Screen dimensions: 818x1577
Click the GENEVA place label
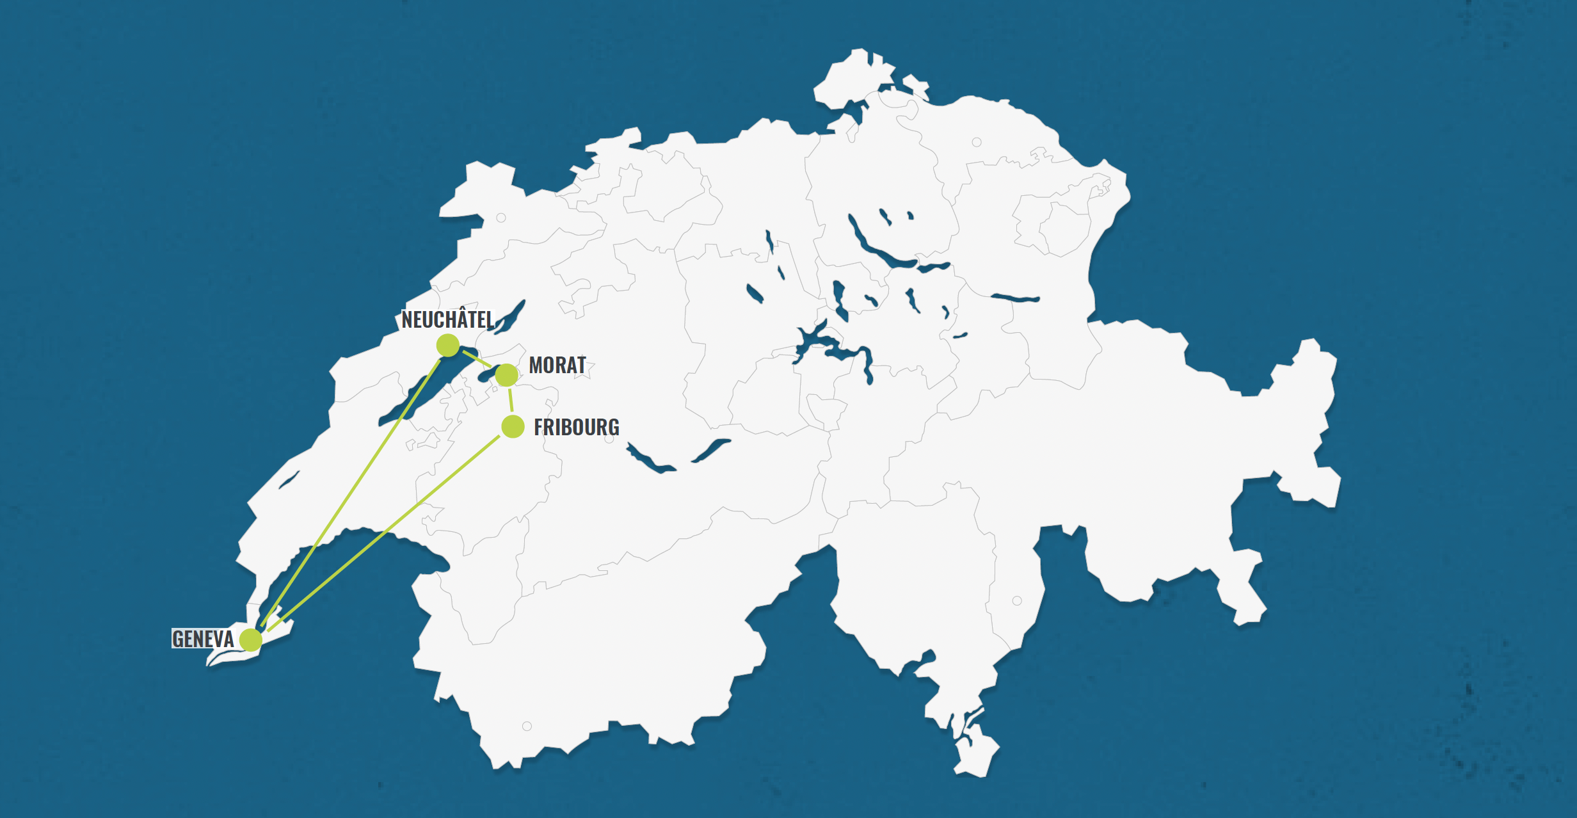click(x=203, y=639)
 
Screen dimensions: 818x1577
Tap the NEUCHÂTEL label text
click(x=447, y=319)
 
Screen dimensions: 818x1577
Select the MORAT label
click(x=557, y=365)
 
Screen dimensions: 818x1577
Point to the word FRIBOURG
click(x=576, y=427)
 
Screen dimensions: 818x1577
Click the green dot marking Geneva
click(x=251, y=639)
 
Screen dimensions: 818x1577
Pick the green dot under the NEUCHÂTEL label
click(x=448, y=346)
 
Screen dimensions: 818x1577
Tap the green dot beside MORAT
click(x=507, y=375)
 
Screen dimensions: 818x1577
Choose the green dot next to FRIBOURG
click(x=513, y=426)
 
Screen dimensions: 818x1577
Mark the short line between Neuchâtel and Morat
click(x=477, y=358)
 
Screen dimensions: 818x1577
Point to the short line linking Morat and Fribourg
click(x=510, y=400)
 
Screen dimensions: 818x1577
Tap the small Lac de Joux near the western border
click(x=289, y=480)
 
